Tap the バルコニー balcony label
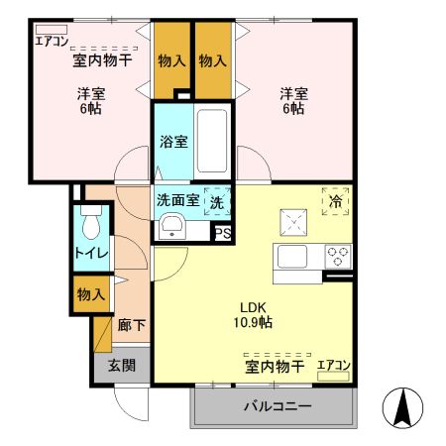tap(277, 406)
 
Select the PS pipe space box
tap(224, 234)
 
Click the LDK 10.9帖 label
tap(254, 314)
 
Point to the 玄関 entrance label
tap(122, 365)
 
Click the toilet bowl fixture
tap(91, 224)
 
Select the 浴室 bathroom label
tap(172, 142)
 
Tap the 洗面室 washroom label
tap(177, 198)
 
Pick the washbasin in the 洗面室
tap(171, 226)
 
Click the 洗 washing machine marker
tap(215, 199)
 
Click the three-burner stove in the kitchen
tap(338, 256)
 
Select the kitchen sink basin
tap(294, 257)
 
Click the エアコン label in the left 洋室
tap(52, 41)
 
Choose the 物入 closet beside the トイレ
tap(88, 294)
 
